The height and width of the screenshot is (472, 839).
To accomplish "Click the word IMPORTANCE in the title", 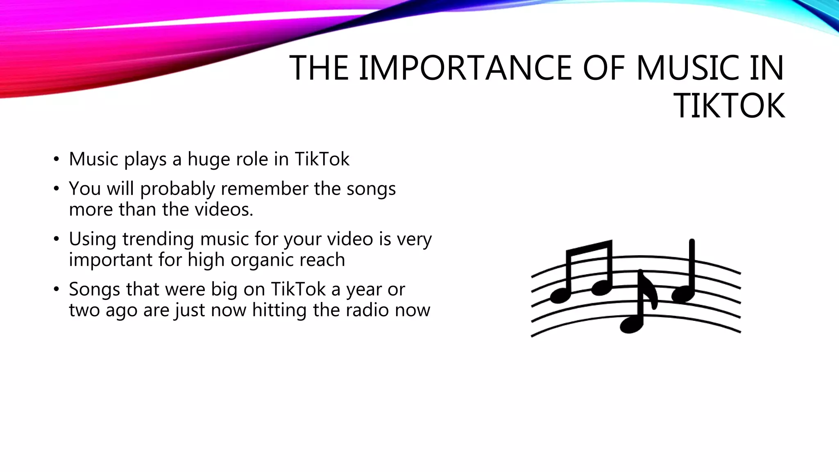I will (465, 68).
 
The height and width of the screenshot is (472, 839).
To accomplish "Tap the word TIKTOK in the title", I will (730, 106).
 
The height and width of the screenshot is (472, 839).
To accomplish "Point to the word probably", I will (177, 189).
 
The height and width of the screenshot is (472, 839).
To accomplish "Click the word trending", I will (158, 239).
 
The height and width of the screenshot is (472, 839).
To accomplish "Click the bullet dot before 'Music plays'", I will (56, 159).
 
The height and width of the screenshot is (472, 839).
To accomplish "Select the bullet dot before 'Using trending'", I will (56, 239).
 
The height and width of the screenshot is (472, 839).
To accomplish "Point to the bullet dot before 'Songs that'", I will (56, 290).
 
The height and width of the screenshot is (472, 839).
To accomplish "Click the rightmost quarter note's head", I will (682, 294).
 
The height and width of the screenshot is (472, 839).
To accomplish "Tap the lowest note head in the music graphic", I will (631, 325).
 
